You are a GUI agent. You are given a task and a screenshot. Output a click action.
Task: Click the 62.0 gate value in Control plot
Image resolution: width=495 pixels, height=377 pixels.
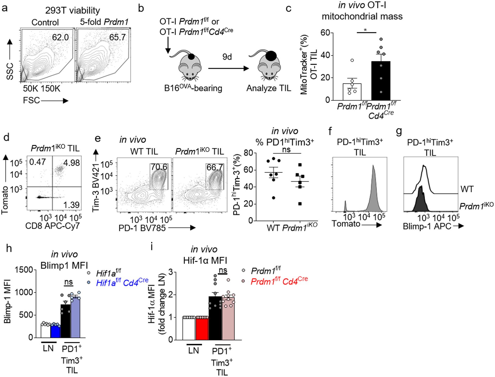pyautogui.click(x=60, y=37)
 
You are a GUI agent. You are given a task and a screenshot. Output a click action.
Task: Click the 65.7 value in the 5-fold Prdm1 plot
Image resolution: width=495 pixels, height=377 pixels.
pyautogui.click(x=117, y=37)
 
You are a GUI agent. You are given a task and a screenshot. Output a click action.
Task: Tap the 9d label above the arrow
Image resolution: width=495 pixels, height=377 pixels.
pyautogui.click(x=227, y=57)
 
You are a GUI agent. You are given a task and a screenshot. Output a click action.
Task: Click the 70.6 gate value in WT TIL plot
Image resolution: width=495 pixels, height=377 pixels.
pyautogui.click(x=159, y=167)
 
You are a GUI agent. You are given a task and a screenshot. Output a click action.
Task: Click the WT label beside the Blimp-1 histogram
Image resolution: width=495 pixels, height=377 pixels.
pyautogui.click(x=467, y=189)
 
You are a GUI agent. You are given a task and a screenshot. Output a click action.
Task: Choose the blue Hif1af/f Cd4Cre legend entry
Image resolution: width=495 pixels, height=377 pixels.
pyautogui.click(x=122, y=283)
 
